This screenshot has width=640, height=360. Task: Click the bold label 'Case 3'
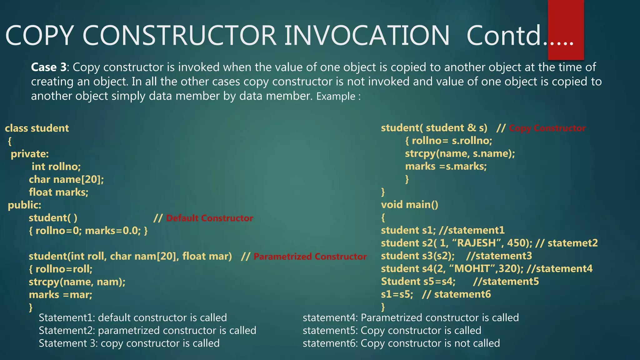click(x=49, y=67)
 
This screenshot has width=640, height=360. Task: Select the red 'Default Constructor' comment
click(x=209, y=218)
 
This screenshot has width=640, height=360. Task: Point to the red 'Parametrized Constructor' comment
click(x=310, y=257)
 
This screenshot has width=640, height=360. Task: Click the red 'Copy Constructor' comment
click(x=547, y=128)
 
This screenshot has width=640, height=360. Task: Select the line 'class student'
click(x=37, y=128)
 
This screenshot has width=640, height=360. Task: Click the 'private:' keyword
click(x=30, y=154)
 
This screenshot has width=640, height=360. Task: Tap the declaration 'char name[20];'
click(x=66, y=179)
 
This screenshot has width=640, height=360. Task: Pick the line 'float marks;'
click(x=58, y=192)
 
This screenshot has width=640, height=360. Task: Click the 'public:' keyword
click(x=24, y=205)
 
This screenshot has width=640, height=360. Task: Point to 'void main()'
click(x=409, y=205)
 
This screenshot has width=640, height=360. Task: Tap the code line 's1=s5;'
click(x=397, y=294)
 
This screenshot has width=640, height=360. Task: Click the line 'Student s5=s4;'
click(x=418, y=282)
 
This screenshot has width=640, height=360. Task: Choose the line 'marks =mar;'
click(x=60, y=295)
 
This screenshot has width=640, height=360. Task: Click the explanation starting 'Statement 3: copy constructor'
click(x=129, y=343)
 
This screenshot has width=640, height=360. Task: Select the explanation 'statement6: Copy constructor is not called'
click(x=401, y=343)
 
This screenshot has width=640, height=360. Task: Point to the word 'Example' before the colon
click(x=336, y=97)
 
